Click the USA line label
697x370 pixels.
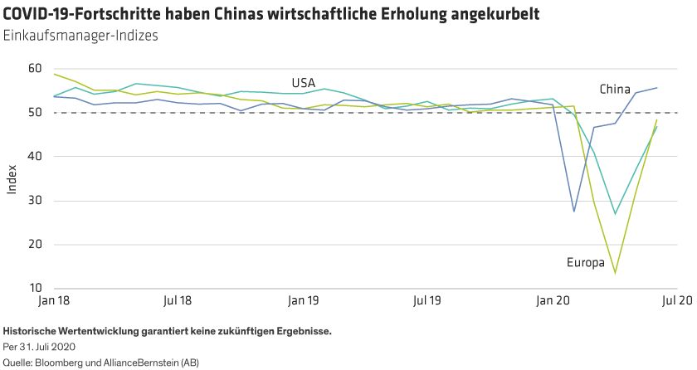click(x=303, y=82)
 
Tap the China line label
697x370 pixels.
click(x=615, y=89)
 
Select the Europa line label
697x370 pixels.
click(x=585, y=263)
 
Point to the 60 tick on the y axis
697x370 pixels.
click(x=34, y=68)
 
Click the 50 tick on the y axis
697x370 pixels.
click(x=34, y=112)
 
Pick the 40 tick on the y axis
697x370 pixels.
click(x=34, y=156)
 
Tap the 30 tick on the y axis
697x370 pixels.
click(x=34, y=201)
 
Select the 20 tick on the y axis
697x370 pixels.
click(x=34, y=245)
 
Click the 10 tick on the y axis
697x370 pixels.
click(x=34, y=289)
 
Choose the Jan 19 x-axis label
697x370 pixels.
click(x=303, y=298)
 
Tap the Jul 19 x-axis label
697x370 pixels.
click(x=427, y=298)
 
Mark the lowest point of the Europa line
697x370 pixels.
click(x=616, y=273)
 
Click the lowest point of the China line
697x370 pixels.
click(x=574, y=212)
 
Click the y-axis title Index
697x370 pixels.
click(x=12, y=178)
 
